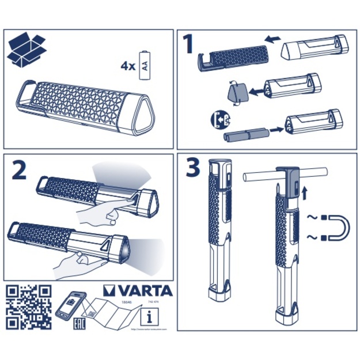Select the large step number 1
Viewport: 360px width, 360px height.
pos(188,45)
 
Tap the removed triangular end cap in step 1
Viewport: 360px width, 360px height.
pos(236,92)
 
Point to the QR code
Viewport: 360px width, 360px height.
pos(28,306)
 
